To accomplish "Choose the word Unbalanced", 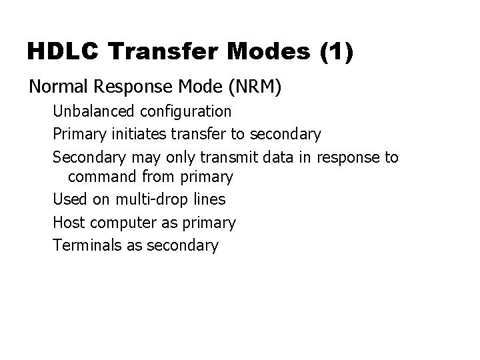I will click(89, 111).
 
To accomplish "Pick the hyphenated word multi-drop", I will click(149, 199).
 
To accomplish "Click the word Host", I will click(68, 221).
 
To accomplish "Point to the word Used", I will click(68, 199).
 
